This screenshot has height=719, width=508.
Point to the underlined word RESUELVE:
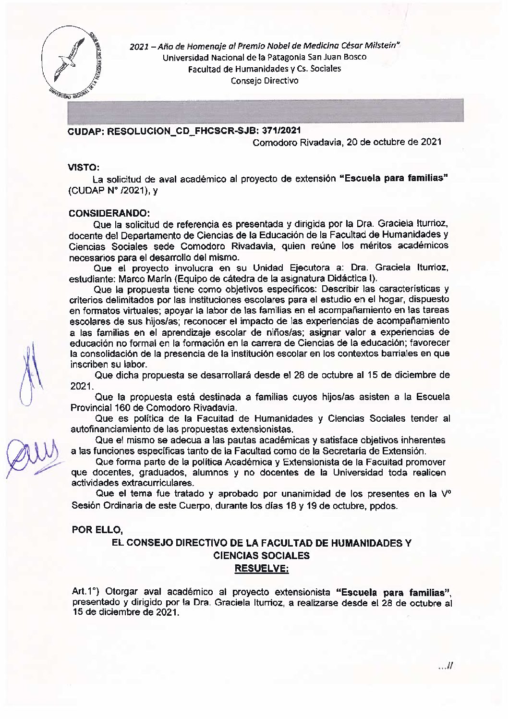261,569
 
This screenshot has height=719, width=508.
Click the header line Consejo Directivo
265,81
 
